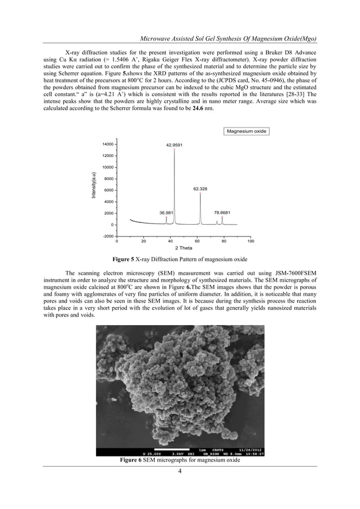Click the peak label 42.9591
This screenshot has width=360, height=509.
[174, 145]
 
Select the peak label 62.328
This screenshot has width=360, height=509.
[200, 189]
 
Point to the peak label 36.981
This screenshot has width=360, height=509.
[166, 213]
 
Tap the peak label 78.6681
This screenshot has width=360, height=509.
[222, 213]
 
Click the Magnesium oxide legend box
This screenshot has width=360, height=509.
[246, 131]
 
